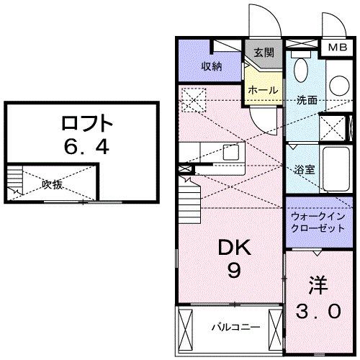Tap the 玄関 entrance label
point(263,53)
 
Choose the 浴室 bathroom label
point(304,170)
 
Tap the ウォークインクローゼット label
point(318,222)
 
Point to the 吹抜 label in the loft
point(52,184)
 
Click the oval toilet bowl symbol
point(301,72)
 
